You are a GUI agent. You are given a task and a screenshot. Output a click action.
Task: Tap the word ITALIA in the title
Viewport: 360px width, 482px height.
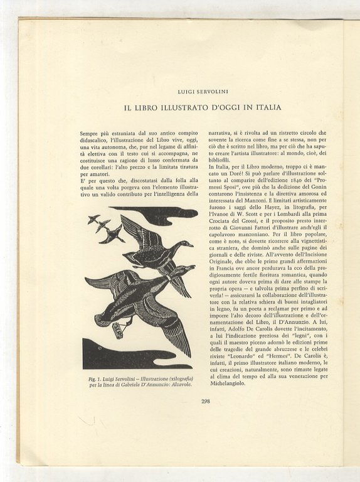tap(265, 107)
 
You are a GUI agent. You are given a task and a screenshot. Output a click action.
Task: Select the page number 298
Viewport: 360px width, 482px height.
tap(205, 402)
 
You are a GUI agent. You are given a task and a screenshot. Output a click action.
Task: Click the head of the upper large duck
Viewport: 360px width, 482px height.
tap(186, 244)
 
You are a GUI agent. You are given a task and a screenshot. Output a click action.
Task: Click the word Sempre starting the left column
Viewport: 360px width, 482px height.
tap(91, 134)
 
